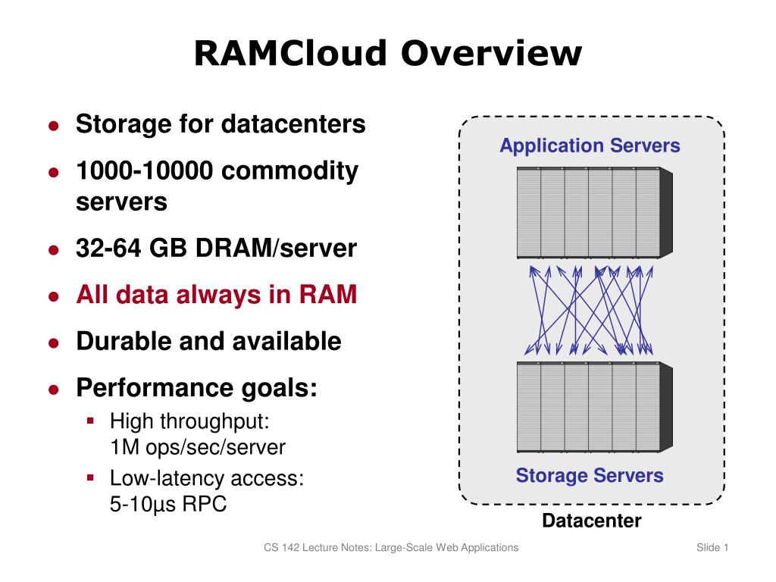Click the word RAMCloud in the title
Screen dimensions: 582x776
(x=291, y=54)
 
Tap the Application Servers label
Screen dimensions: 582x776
(x=590, y=145)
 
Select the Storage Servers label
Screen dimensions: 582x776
(x=590, y=476)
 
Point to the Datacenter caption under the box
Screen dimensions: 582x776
(x=592, y=521)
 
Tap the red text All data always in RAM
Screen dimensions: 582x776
(x=216, y=294)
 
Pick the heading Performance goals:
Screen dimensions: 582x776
(x=196, y=388)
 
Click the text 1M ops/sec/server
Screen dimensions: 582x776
(x=198, y=447)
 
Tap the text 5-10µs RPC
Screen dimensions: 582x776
(x=168, y=503)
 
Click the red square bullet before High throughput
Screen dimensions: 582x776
(x=90, y=419)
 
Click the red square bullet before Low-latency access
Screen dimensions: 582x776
(x=90, y=477)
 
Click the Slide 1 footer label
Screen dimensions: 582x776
(x=712, y=548)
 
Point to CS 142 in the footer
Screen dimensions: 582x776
(x=281, y=548)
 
